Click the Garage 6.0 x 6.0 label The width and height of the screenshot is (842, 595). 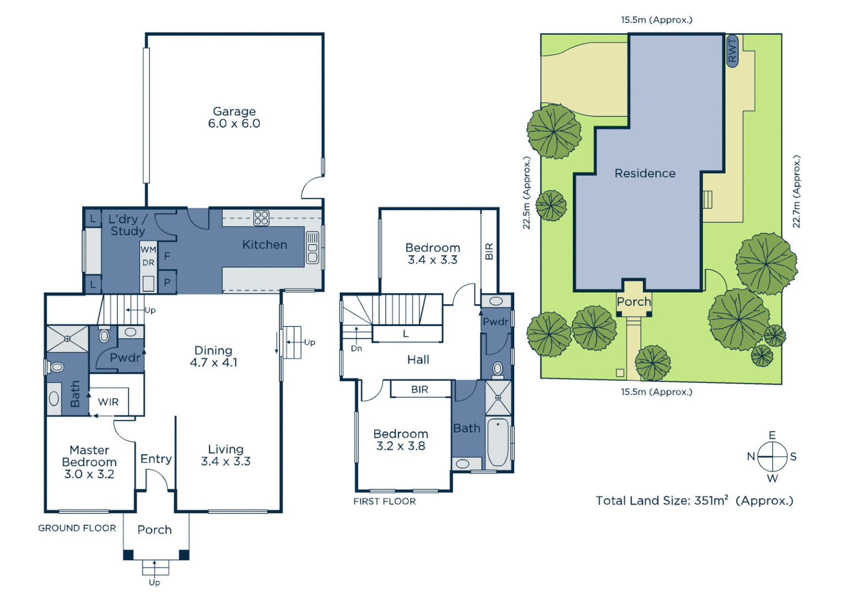point(234,117)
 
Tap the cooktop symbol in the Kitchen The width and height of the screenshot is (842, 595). point(261,218)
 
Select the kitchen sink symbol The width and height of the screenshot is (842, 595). point(312,247)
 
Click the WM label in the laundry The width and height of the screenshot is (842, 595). point(148,250)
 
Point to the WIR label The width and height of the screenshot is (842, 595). point(108,402)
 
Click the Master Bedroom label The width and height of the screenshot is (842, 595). point(89,462)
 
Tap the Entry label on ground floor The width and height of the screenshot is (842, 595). point(156,459)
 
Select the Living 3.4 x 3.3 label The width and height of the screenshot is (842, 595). point(225,455)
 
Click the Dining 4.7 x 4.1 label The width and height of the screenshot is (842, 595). point(213,356)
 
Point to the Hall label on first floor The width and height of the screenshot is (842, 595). point(418,360)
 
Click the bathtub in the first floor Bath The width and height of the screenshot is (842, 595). point(498,442)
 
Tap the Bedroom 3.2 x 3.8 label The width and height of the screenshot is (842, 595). point(401,440)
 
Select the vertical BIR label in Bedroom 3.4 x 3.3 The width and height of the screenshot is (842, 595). point(489,251)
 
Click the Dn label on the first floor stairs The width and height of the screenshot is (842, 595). point(357,348)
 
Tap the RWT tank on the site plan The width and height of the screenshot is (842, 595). point(732,51)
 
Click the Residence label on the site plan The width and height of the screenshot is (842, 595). point(645,174)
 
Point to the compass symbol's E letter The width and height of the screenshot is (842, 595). point(772,435)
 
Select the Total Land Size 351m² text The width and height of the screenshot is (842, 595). point(694,501)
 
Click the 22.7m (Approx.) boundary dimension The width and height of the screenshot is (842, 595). point(796,192)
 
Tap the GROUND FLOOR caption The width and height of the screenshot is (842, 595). point(77,528)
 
